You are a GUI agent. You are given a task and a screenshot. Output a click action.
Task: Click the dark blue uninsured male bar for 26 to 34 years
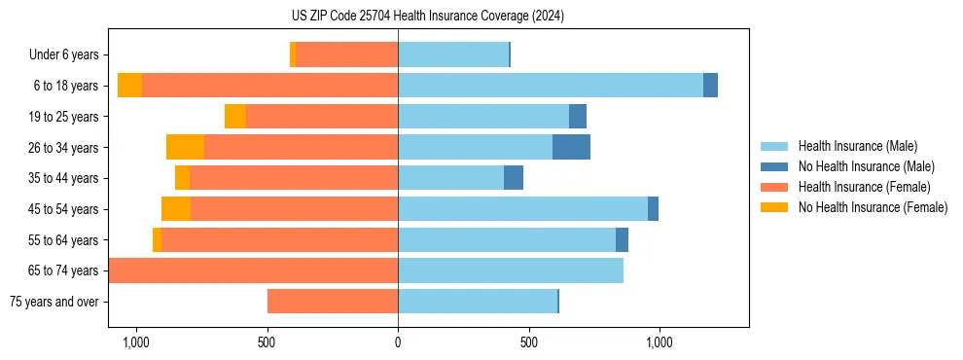[571, 147]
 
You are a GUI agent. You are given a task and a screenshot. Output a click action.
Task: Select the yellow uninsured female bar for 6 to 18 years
[129, 86]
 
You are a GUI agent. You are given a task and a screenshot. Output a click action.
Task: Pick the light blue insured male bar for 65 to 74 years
[511, 270]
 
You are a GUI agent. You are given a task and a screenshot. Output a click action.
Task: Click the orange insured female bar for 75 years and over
[333, 302]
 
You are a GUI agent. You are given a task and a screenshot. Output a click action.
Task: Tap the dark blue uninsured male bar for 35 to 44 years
[514, 178]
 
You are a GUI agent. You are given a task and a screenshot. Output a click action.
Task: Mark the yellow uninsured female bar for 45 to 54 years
[176, 209]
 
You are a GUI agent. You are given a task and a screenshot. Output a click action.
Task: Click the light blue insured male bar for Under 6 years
[453, 54]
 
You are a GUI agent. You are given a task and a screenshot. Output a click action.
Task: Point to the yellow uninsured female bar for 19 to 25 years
[235, 117]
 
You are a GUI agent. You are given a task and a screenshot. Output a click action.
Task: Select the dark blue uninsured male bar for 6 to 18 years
[710, 86]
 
